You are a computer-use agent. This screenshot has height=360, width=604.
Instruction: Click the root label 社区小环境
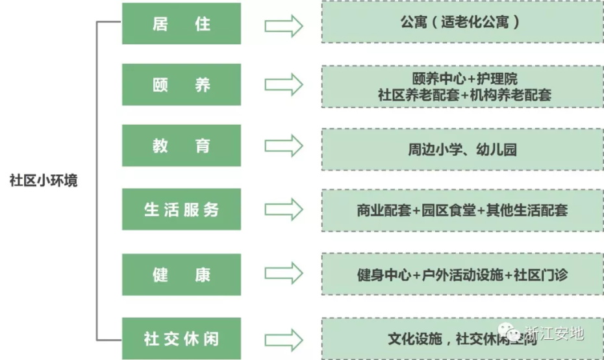coord(44,181)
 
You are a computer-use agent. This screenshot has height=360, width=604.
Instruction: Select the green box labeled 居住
coord(181,24)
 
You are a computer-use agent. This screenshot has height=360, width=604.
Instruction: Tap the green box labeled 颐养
coord(181,85)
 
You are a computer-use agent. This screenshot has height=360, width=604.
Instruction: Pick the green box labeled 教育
coord(181,146)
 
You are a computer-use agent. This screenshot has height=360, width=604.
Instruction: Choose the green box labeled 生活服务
coord(181,209)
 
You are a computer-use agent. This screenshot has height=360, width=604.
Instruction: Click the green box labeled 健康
coord(181,274)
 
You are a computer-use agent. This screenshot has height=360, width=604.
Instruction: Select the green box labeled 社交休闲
coord(181,338)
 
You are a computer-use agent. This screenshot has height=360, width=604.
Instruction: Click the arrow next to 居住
coord(284,25)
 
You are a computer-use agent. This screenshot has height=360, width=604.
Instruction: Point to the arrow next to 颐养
coord(284,84)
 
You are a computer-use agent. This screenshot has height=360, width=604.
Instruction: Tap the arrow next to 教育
coord(284,146)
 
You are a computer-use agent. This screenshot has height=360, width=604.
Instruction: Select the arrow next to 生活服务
coord(284,209)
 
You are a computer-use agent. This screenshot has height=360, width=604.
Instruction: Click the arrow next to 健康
coord(284,274)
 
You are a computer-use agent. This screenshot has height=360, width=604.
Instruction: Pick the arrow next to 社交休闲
coord(284,338)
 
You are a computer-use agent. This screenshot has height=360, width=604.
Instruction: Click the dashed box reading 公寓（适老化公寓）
coord(460,23)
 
